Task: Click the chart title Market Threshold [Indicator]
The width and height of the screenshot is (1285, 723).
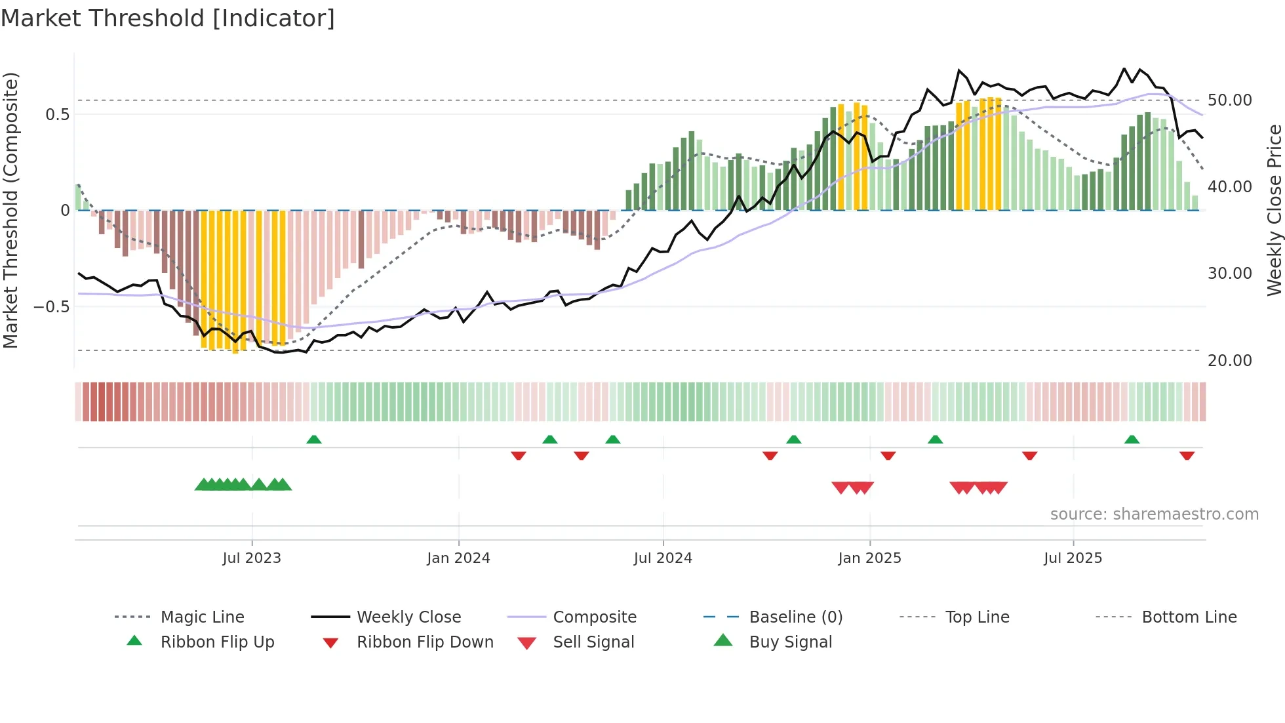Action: click(x=168, y=18)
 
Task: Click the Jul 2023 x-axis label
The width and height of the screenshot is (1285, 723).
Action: click(x=252, y=558)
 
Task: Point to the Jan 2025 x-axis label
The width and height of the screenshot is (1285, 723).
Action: click(x=869, y=558)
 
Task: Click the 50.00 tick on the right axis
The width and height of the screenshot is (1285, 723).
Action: click(x=1229, y=100)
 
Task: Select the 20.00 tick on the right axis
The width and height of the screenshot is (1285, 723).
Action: click(x=1229, y=360)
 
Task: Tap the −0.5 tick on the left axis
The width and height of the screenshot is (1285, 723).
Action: click(x=51, y=306)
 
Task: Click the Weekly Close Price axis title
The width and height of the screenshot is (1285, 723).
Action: click(x=1274, y=210)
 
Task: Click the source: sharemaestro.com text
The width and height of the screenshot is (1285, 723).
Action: click(x=1154, y=514)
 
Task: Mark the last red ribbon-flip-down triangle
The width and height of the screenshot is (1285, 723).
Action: click(x=1187, y=455)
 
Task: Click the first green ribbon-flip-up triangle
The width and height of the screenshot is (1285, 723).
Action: click(x=314, y=440)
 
